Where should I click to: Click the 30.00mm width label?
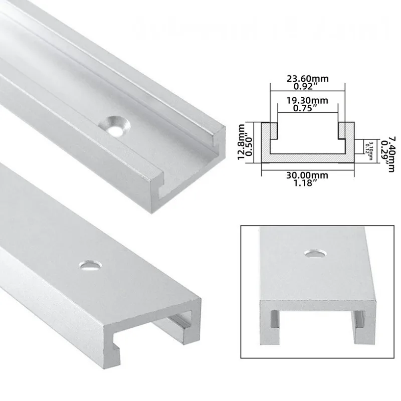pos(307,175)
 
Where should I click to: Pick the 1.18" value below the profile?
pos(307,183)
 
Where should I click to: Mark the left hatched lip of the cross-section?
pos(271,130)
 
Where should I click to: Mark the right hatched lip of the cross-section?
pos(344,130)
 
